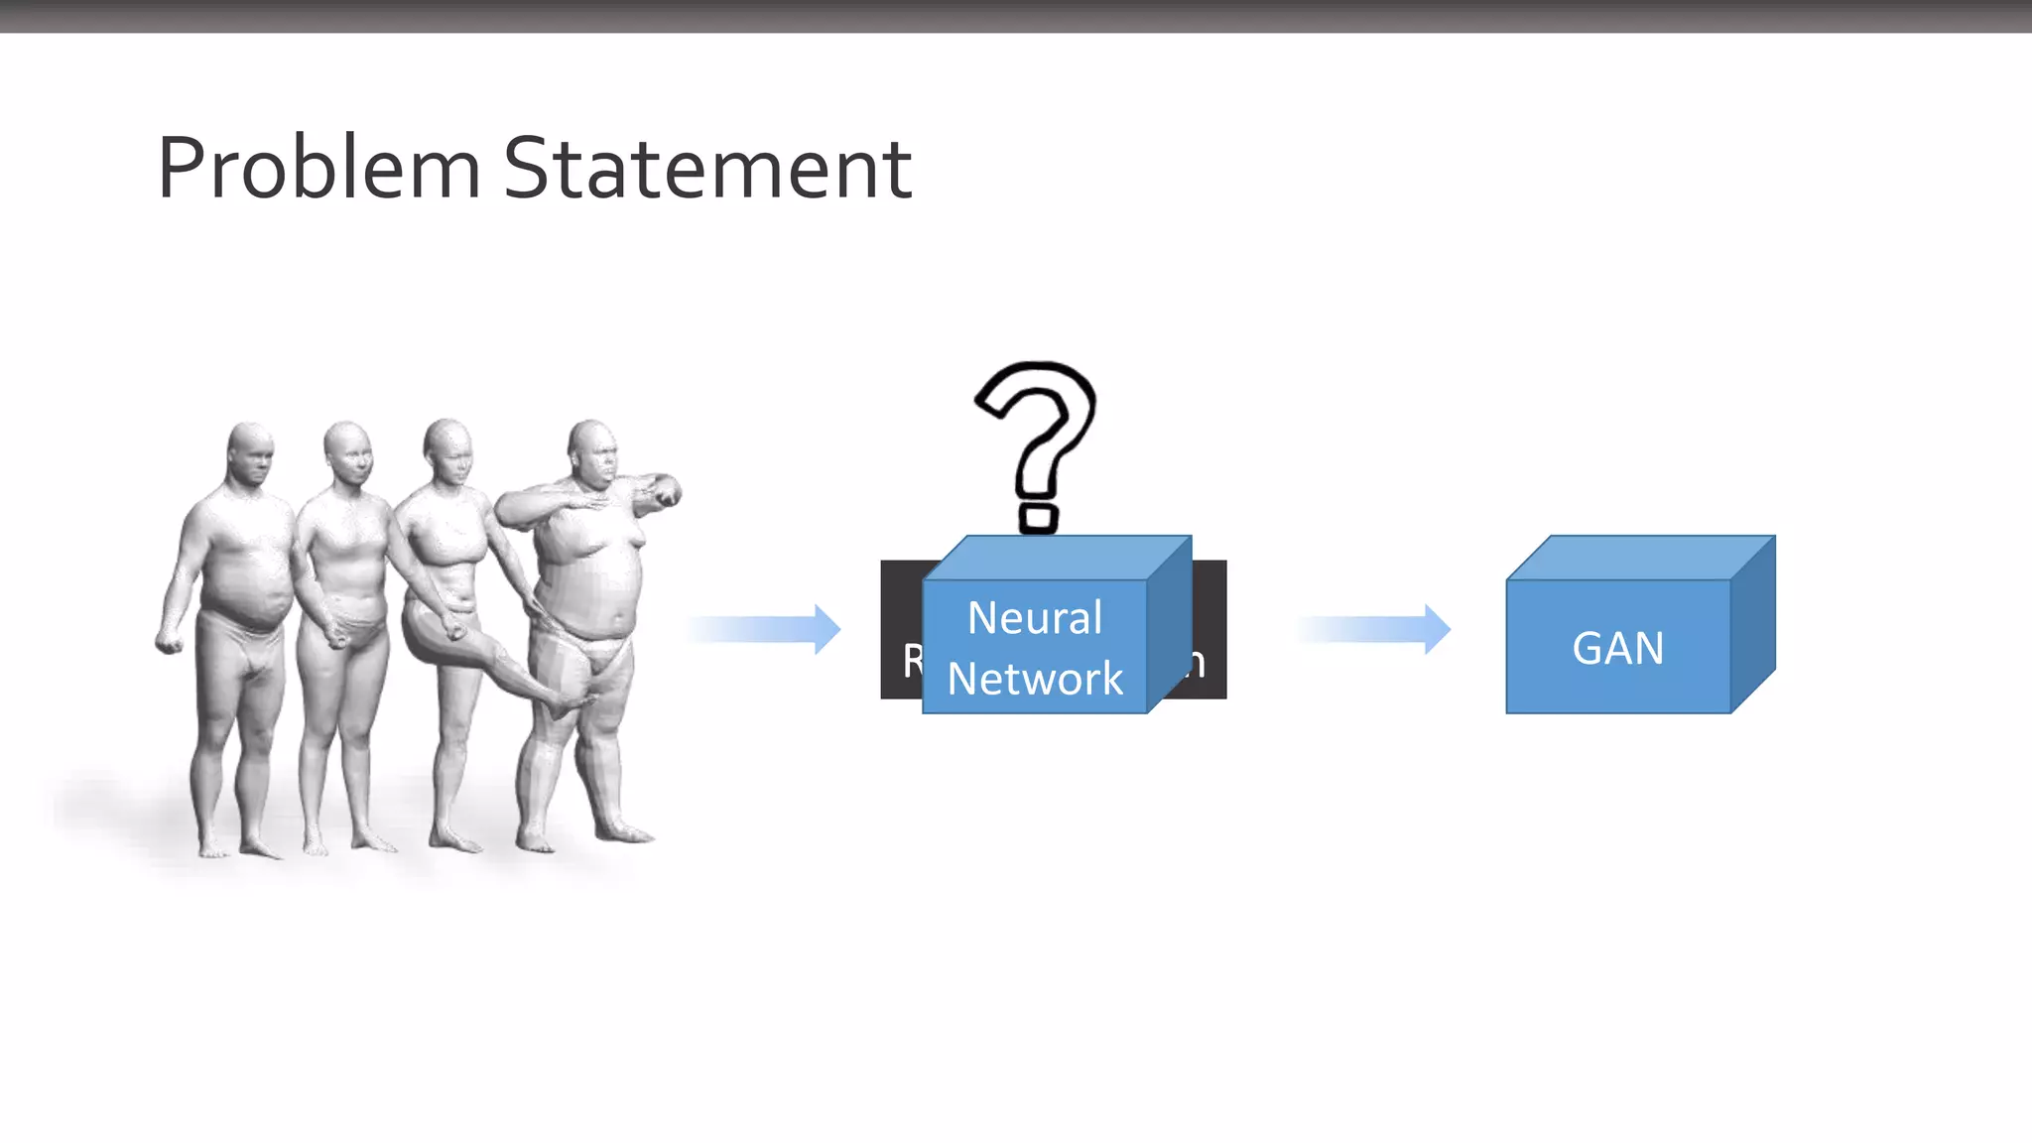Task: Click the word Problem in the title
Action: coord(318,169)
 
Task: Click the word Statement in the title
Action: coord(707,169)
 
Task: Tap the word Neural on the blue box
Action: coord(1034,618)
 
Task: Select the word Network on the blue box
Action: coord(1034,679)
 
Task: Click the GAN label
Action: coord(1617,649)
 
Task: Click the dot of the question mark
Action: coord(1038,519)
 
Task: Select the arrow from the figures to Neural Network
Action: coord(764,629)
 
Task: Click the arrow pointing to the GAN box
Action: coord(1374,629)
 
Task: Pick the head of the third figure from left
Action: coord(448,448)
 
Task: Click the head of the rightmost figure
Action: coord(592,452)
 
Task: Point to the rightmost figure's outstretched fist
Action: coord(666,492)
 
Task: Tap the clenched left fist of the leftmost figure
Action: coord(168,643)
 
